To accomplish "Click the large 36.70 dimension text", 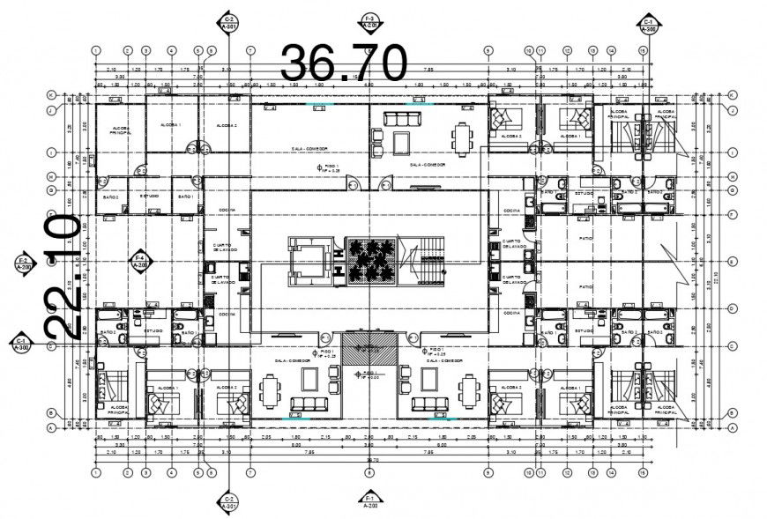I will click(343, 63).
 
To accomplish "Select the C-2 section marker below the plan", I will click(228, 501).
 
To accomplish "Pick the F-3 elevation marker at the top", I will click(369, 22).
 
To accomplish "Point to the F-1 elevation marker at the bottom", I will click(369, 501).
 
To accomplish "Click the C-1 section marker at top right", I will click(648, 24).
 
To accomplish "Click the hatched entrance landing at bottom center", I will click(369, 352).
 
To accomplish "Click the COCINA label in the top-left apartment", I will click(217, 209).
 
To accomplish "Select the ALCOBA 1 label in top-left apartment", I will click(170, 125).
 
